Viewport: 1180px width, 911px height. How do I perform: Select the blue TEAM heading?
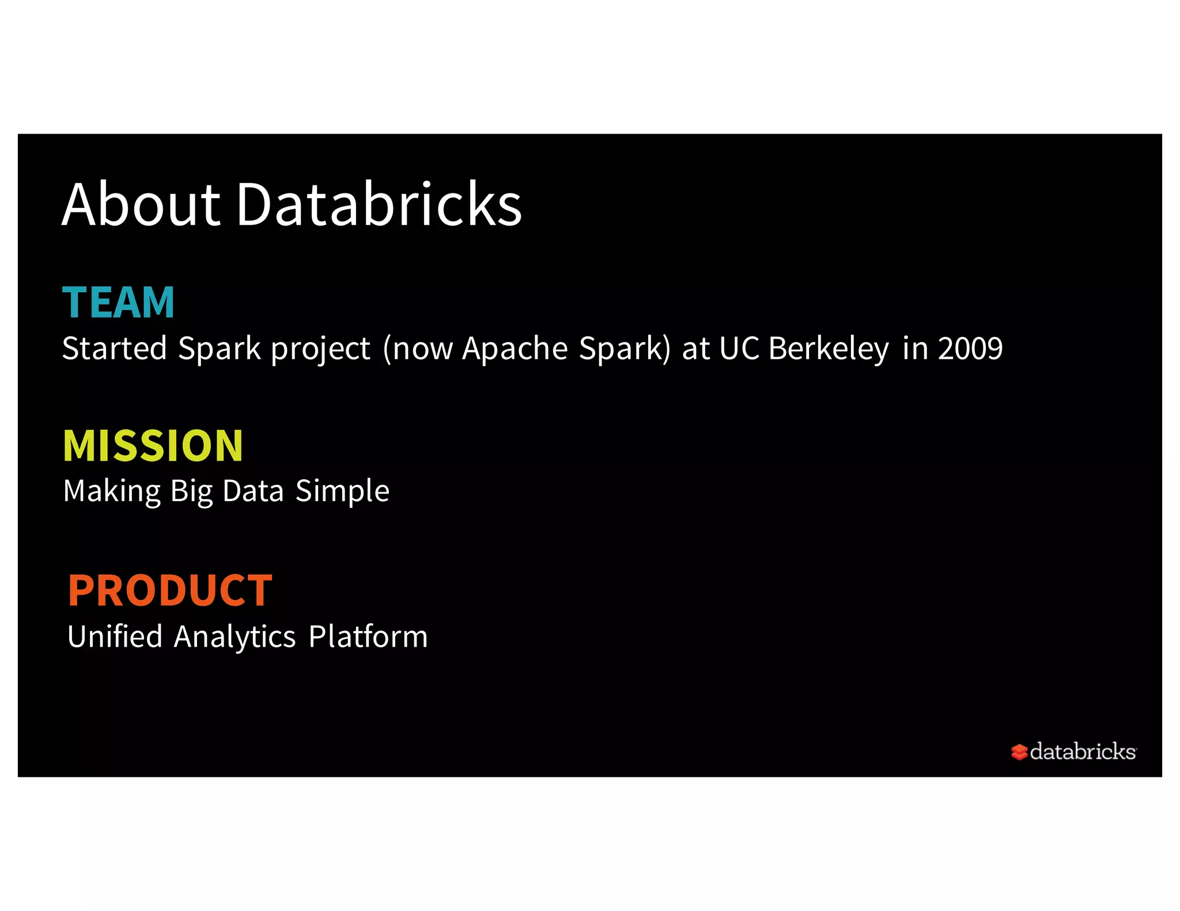[118, 302]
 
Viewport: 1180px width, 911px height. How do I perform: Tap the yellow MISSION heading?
[153, 446]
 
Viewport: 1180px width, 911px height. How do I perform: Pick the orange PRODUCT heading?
[170, 590]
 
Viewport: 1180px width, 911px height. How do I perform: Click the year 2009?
[970, 348]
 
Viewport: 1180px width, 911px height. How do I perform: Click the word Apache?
[515, 348]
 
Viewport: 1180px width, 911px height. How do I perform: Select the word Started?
[114, 348]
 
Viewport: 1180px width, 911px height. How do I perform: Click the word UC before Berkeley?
[739, 348]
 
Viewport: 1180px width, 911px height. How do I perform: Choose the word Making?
[112, 491]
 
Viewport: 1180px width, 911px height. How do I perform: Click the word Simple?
[342, 491]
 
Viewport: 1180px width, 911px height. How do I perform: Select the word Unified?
[115, 636]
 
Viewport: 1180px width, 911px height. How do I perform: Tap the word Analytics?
[235, 637]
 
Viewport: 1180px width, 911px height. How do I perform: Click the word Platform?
[368, 636]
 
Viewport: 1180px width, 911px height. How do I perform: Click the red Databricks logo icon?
[1019, 751]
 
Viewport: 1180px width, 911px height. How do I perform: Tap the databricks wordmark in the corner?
[1082, 751]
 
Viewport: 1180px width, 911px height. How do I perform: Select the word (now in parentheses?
[418, 348]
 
